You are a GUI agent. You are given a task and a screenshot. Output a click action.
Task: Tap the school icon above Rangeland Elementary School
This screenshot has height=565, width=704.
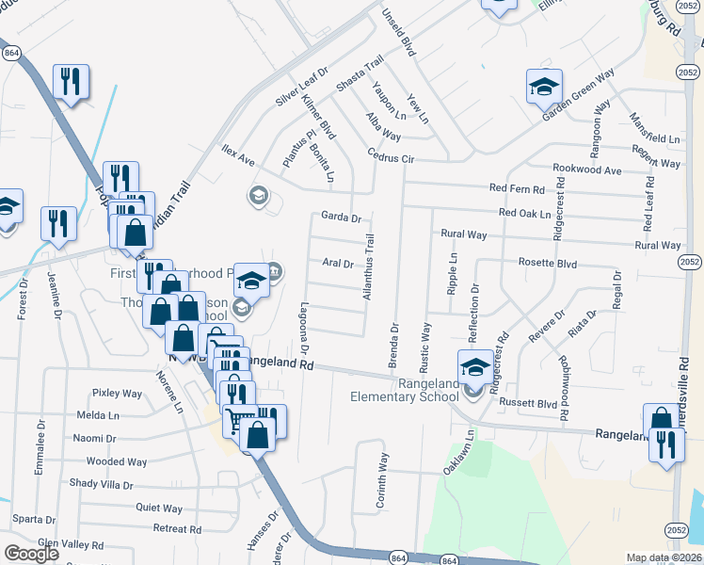coord(474,365)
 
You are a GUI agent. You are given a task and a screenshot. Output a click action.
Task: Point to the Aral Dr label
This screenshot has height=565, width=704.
coord(337,264)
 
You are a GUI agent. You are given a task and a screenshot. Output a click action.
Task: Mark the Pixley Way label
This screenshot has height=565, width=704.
coord(117,394)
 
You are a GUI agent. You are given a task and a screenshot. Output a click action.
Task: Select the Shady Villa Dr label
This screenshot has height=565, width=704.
coord(102,484)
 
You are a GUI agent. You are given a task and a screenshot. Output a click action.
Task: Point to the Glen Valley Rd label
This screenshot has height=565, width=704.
coord(71,544)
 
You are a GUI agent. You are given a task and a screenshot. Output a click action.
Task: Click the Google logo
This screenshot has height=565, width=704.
coord(32,554)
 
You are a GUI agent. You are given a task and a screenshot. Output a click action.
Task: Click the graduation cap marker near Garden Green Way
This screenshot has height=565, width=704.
coord(543,88)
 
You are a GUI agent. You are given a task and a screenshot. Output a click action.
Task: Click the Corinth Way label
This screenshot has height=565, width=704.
coord(382,482)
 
